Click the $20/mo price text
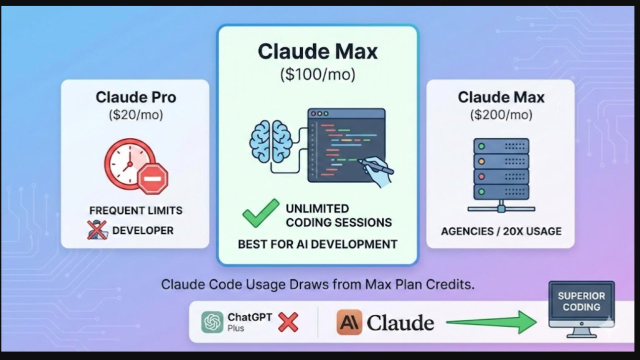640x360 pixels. click(x=136, y=114)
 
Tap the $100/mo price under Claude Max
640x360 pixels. click(x=317, y=74)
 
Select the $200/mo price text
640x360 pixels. click(x=501, y=114)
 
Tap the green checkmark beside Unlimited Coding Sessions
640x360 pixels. click(x=261, y=213)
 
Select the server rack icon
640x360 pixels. click(x=501, y=173)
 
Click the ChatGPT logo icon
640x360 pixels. click(x=212, y=322)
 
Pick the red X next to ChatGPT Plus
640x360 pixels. click(x=288, y=322)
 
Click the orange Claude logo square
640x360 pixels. click(x=349, y=322)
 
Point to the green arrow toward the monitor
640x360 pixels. click(x=490, y=322)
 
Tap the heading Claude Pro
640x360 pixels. click(x=136, y=97)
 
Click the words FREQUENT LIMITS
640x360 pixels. click(x=136, y=210)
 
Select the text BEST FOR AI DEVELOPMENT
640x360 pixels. click(x=317, y=244)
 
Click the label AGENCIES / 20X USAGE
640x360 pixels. click(x=501, y=231)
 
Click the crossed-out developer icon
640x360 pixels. click(x=98, y=230)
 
